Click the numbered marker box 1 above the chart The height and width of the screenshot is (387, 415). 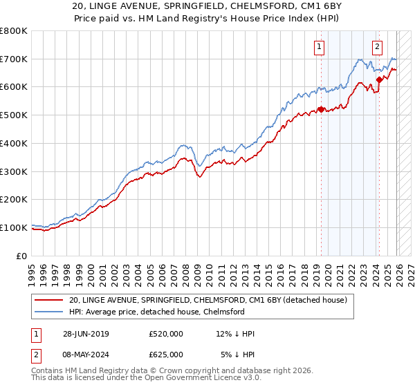click(320, 47)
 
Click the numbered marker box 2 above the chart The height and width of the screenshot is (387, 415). click(377, 47)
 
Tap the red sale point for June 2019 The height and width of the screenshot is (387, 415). click(321, 109)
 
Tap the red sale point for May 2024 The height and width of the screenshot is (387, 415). click(379, 79)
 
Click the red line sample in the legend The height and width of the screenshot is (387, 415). click(50, 300)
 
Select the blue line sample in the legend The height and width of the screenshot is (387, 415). click(50, 312)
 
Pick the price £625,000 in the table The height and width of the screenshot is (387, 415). click(166, 354)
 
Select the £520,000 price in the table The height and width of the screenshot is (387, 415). click(166, 334)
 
